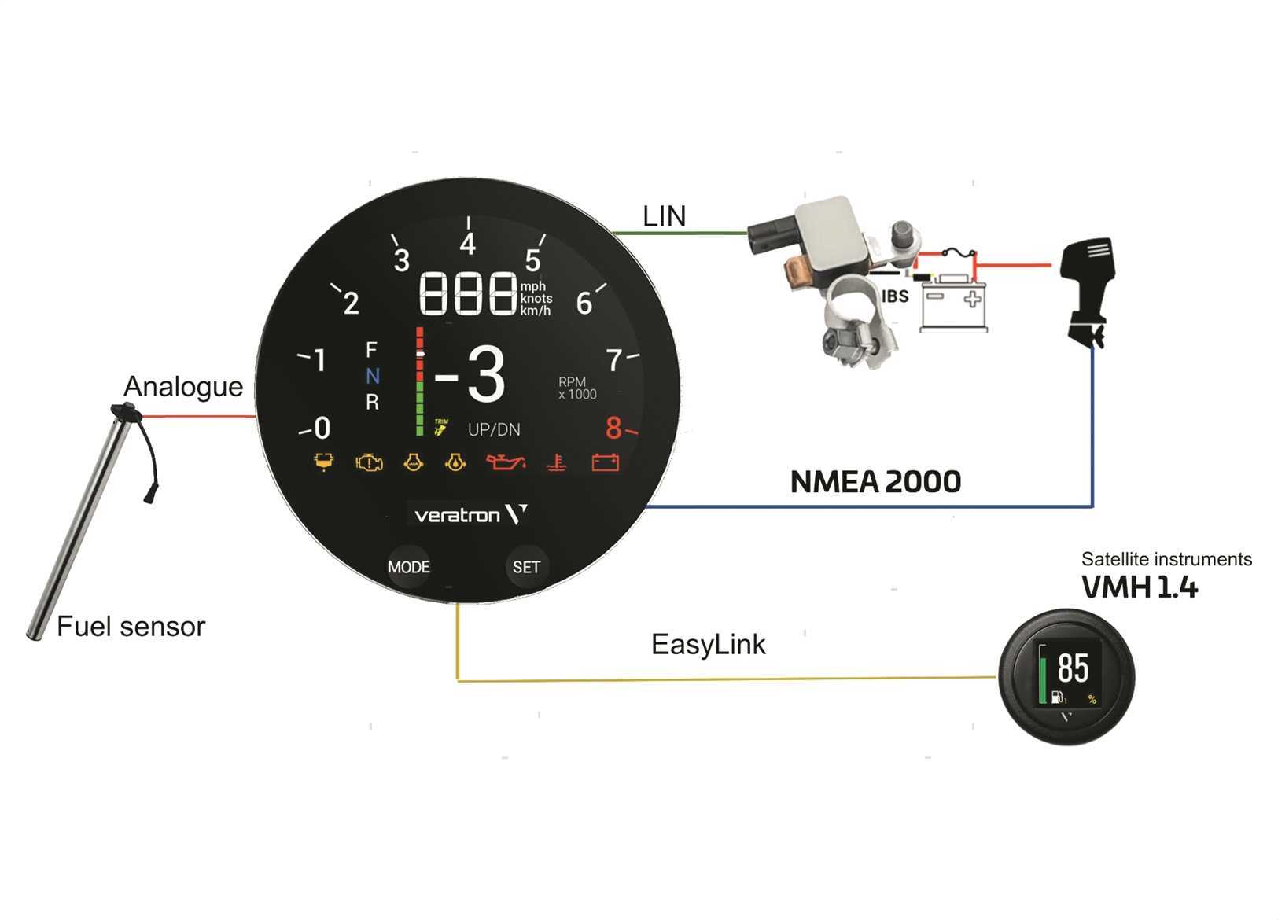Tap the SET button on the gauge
pos(526,567)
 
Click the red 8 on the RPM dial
pos(613,429)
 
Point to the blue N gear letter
pos(373,377)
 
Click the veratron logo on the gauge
pos(470,515)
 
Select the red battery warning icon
pos(605,462)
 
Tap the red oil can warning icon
pos(504,462)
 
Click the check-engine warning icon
pos(369,462)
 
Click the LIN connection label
pos(664,216)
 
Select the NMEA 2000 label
pos(875,482)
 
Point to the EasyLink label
pos(708,645)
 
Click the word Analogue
pos(183,387)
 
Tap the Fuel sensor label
pos(131,627)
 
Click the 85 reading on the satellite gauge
pos(1073,668)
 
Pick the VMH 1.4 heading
pos(1139,587)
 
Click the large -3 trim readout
pos(470,375)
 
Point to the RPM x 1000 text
pos(577,388)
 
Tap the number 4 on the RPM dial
pos(468,245)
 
